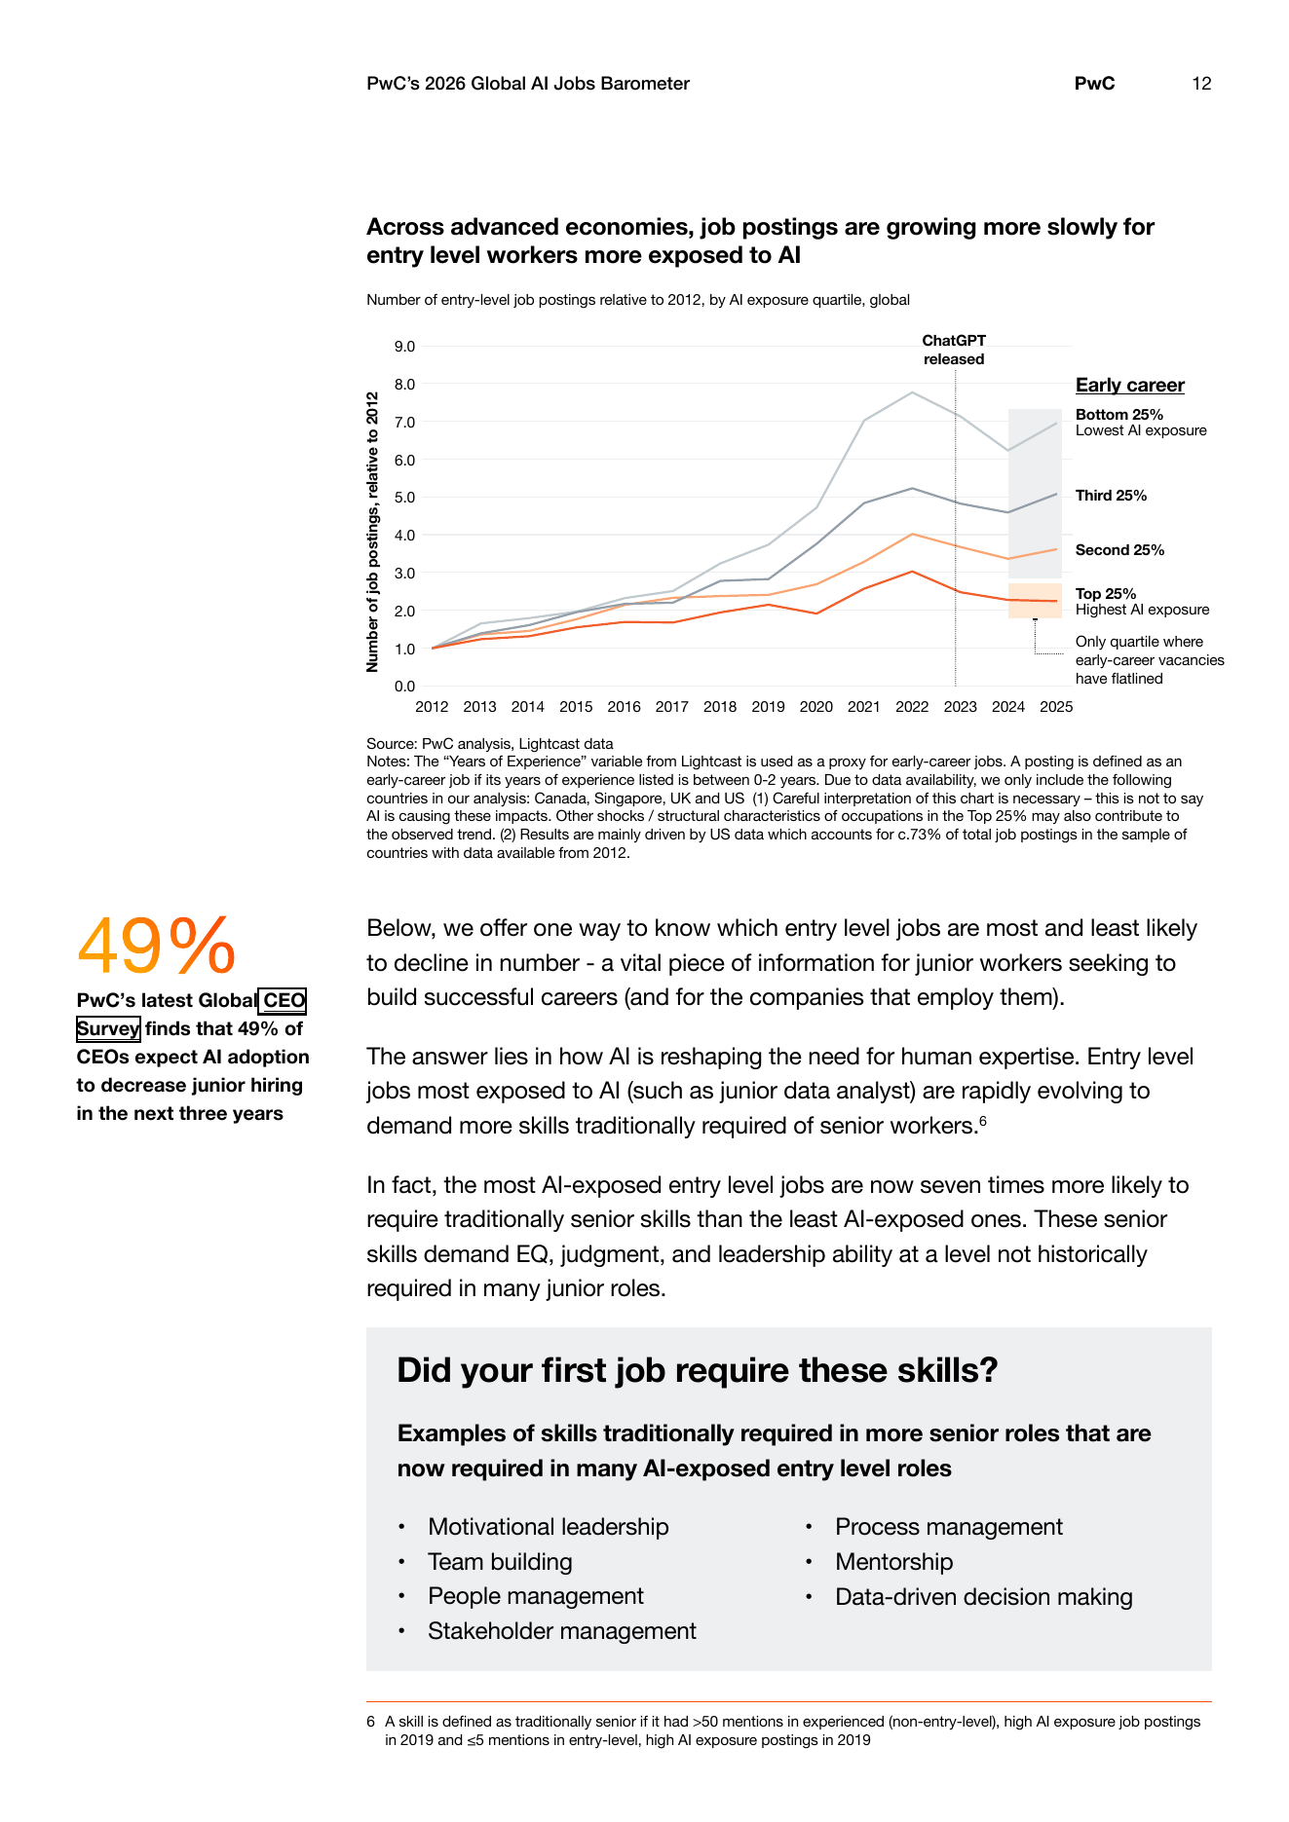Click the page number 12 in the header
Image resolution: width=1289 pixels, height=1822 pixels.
pos(1201,84)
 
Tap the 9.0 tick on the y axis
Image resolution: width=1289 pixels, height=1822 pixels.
pos(404,347)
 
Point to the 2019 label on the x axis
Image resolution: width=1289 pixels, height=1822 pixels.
pos(768,707)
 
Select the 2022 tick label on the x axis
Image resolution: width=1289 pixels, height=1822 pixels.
pos(912,707)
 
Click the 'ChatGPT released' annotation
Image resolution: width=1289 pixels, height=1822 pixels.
pos(954,350)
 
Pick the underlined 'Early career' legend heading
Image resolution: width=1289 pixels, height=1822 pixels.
pos(1130,385)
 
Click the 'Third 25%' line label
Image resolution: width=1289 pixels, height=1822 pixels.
pos(1111,496)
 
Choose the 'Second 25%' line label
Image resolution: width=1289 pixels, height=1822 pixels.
pos(1119,550)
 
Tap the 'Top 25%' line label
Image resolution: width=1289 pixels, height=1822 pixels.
pos(1106,594)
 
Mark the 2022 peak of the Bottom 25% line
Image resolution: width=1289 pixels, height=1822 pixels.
pos(912,392)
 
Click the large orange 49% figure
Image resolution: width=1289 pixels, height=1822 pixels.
pos(156,945)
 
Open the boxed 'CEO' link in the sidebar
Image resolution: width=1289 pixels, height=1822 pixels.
pos(284,1000)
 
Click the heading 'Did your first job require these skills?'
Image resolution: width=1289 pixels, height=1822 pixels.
pos(698,1370)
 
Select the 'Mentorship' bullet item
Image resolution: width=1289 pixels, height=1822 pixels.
pos(893,1562)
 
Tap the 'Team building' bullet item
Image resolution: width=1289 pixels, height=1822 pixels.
pos(500,1562)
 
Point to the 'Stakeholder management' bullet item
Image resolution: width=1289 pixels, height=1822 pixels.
pos(562,1631)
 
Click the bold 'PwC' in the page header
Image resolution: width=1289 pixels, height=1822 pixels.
pos(1094,84)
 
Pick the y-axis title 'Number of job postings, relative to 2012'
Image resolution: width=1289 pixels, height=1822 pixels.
pos(372,532)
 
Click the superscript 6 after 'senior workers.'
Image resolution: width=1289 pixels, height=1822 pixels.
pos(983,1121)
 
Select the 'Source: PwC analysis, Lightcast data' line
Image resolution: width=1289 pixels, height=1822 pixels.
pos(490,744)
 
